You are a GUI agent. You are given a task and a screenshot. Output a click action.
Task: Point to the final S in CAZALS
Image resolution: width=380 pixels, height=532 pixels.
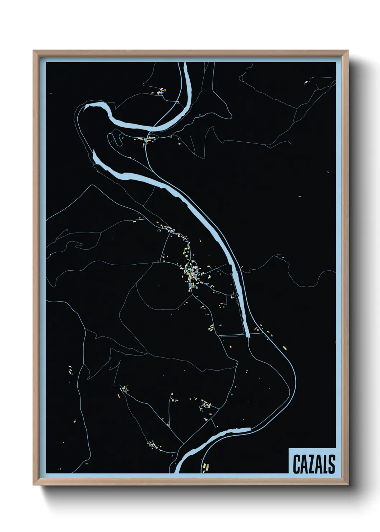pyautogui.click(x=332, y=464)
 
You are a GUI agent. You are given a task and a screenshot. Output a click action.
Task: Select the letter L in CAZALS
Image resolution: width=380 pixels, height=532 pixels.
pyautogui.click(x=325, y=464)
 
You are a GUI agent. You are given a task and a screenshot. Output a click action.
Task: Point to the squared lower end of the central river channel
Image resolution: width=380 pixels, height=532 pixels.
pyautogui.click(x=248, y=336)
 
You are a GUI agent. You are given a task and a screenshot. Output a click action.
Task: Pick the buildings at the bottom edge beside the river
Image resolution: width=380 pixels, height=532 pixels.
pyautogui.click(x=206, y=467)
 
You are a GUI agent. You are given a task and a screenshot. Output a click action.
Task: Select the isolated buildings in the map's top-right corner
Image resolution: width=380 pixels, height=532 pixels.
pyautogui.click(x=306, y=82)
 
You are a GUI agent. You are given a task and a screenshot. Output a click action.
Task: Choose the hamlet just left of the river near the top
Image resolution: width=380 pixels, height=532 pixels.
pyautogui.click(x=162, y=91)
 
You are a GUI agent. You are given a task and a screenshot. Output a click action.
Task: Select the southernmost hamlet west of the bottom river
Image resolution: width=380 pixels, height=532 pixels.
pyautogui.click(x=153, y=445)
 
